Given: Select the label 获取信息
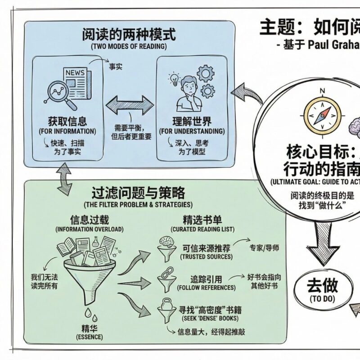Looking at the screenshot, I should (67, 121).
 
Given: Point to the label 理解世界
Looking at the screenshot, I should (192, 121).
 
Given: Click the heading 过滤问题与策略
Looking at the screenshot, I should (138, 193).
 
